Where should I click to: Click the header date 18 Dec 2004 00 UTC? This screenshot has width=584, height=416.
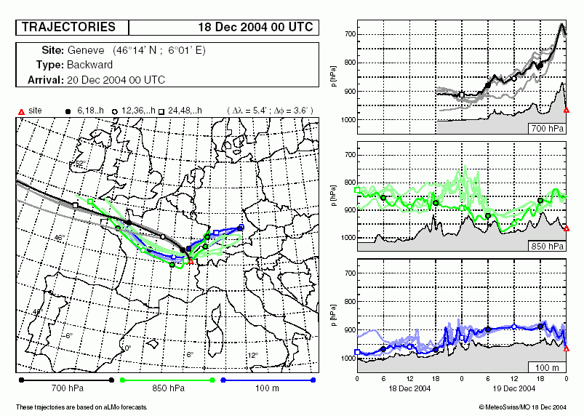point(255,28)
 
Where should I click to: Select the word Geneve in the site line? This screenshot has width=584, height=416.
point(86,51)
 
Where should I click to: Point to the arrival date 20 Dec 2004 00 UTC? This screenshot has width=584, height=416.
point(116,79)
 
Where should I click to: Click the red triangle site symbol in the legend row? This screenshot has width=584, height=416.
point(21,111)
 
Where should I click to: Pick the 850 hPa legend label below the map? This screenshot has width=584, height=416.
point(171,390)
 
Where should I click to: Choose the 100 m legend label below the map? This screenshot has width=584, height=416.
point(268,390)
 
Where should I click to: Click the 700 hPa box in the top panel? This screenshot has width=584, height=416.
point(548,128)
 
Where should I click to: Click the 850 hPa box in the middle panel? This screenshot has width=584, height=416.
point(548,247)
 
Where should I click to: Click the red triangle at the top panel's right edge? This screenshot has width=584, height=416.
point(567,110)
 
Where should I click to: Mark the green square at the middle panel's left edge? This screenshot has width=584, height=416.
point(357,191)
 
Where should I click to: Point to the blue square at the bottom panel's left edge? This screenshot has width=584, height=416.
point(357,352)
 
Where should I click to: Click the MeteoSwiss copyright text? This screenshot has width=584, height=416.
point(523,407)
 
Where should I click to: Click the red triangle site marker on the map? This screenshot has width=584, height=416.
point(190,261)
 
